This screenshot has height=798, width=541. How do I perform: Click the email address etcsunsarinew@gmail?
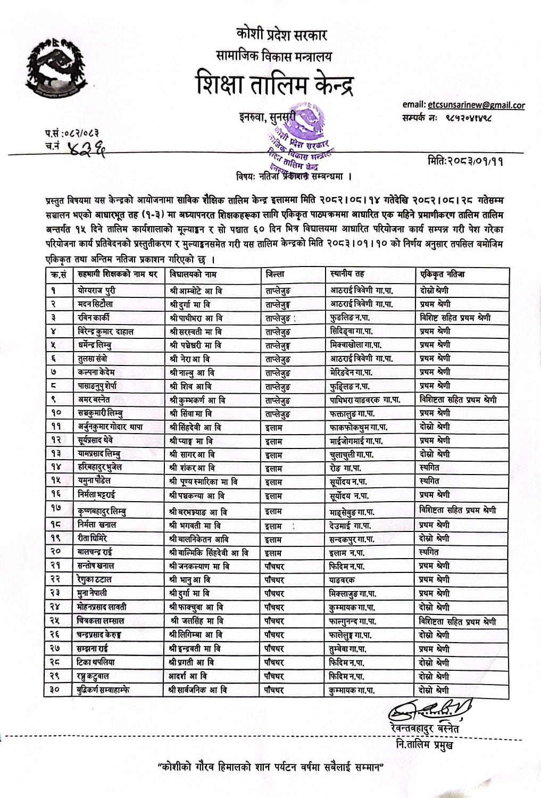coord(476,105)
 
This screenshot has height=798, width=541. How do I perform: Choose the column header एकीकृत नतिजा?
coord(442,274)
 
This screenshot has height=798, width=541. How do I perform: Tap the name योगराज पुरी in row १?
coord(96,290)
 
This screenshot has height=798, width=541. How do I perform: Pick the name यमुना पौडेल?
coord(95,481)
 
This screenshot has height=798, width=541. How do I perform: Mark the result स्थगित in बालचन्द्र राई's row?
coord(429,552)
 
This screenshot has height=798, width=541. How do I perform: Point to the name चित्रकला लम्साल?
coord(103,621)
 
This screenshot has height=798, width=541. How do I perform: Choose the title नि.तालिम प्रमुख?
coord(425,744)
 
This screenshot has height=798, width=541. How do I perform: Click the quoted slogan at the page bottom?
coord(271,768)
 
